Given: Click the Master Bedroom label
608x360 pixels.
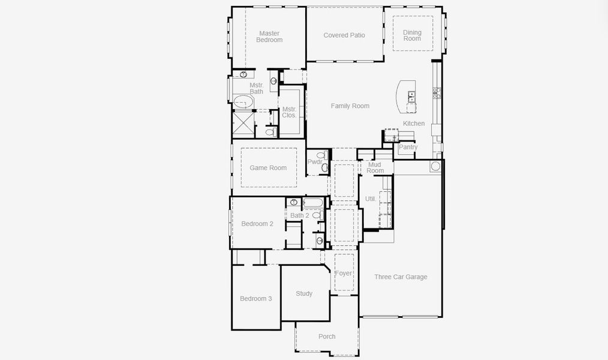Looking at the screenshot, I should pos(269,37).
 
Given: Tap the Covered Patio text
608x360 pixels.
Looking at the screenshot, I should pos(344,35).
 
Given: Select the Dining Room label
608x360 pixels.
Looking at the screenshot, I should pos(412,35).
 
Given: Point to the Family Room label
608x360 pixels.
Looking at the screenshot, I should pos(350,106).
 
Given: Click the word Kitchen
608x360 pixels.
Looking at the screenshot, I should pos(414,124).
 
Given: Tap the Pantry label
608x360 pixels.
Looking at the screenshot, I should pos(408,147).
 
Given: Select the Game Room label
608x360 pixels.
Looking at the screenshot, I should pos(268,168).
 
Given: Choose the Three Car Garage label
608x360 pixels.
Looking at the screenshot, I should pos(401,277).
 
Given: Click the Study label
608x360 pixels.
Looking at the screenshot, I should pos(304,294).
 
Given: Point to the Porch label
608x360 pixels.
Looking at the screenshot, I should pos(327,337).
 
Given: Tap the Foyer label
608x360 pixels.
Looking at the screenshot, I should pos(344,274).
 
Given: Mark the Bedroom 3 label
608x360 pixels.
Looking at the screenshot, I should pos(256,299).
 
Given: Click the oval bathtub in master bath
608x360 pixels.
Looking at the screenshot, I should pos(243,101).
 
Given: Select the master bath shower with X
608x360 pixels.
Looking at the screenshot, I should pos(243,125).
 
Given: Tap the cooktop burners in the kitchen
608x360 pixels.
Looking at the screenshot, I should pos(437,92).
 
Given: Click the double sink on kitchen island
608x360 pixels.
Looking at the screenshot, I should pos(412,95).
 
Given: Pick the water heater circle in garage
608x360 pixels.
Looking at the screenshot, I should pos(435,166).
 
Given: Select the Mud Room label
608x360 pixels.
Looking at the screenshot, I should pos(375,167).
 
